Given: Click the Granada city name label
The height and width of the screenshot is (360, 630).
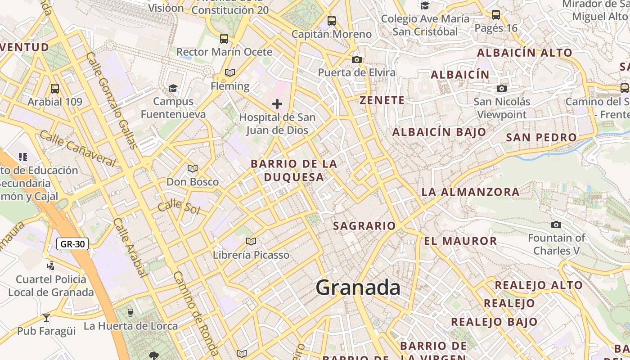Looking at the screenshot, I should coord(358,287).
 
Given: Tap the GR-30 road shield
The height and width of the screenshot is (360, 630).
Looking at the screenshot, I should coord(72,244).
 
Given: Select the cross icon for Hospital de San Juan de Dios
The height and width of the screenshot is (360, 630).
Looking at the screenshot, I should coord(277,104).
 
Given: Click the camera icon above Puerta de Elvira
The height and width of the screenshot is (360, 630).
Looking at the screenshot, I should coord(357,59).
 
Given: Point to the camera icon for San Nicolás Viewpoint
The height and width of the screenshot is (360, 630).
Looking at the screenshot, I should coord(502,89).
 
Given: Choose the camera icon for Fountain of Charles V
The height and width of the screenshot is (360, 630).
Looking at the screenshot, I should coord(556,225).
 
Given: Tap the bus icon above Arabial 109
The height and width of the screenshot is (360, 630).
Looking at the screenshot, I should coord(55,89).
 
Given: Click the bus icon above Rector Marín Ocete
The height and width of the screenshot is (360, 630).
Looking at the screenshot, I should coord(224,39).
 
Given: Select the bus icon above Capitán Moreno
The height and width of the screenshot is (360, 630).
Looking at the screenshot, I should coord(332,21).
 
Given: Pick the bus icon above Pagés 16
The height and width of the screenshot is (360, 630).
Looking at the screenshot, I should coord(496,15).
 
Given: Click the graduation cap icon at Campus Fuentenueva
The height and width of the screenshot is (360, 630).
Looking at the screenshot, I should coord(173,88).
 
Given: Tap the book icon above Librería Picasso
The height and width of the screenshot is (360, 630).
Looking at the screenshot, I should coord(251,242).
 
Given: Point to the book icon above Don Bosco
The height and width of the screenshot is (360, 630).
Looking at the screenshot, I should coord(193,169).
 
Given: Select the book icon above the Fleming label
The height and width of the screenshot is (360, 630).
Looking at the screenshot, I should coord(230,72).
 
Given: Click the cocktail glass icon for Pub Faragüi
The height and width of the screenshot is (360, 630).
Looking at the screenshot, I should coord(46,318).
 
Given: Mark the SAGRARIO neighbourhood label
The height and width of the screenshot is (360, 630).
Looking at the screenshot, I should coord(364,226).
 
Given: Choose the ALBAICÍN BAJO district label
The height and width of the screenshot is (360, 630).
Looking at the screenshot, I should coord(439,132).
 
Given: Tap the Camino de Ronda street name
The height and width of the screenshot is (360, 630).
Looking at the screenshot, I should coord(196,313).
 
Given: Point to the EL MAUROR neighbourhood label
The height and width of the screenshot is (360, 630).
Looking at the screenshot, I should coord(460,241).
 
